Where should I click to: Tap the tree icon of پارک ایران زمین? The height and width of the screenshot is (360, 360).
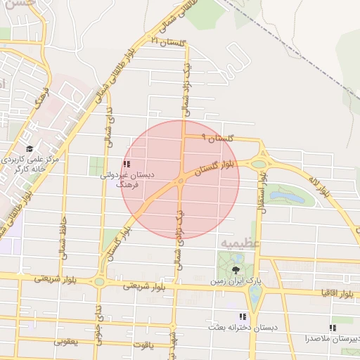235,269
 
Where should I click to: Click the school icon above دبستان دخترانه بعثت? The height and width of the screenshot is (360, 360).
243,317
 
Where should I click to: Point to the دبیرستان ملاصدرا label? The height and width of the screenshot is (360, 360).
331,338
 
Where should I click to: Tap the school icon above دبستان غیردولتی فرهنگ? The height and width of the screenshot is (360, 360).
126,164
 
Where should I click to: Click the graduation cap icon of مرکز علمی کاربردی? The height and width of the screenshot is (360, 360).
30,149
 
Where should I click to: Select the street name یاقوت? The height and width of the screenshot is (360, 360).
141,345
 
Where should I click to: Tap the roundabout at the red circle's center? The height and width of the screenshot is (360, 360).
181,181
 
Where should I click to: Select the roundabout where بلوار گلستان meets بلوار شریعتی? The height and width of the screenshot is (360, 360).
99,281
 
